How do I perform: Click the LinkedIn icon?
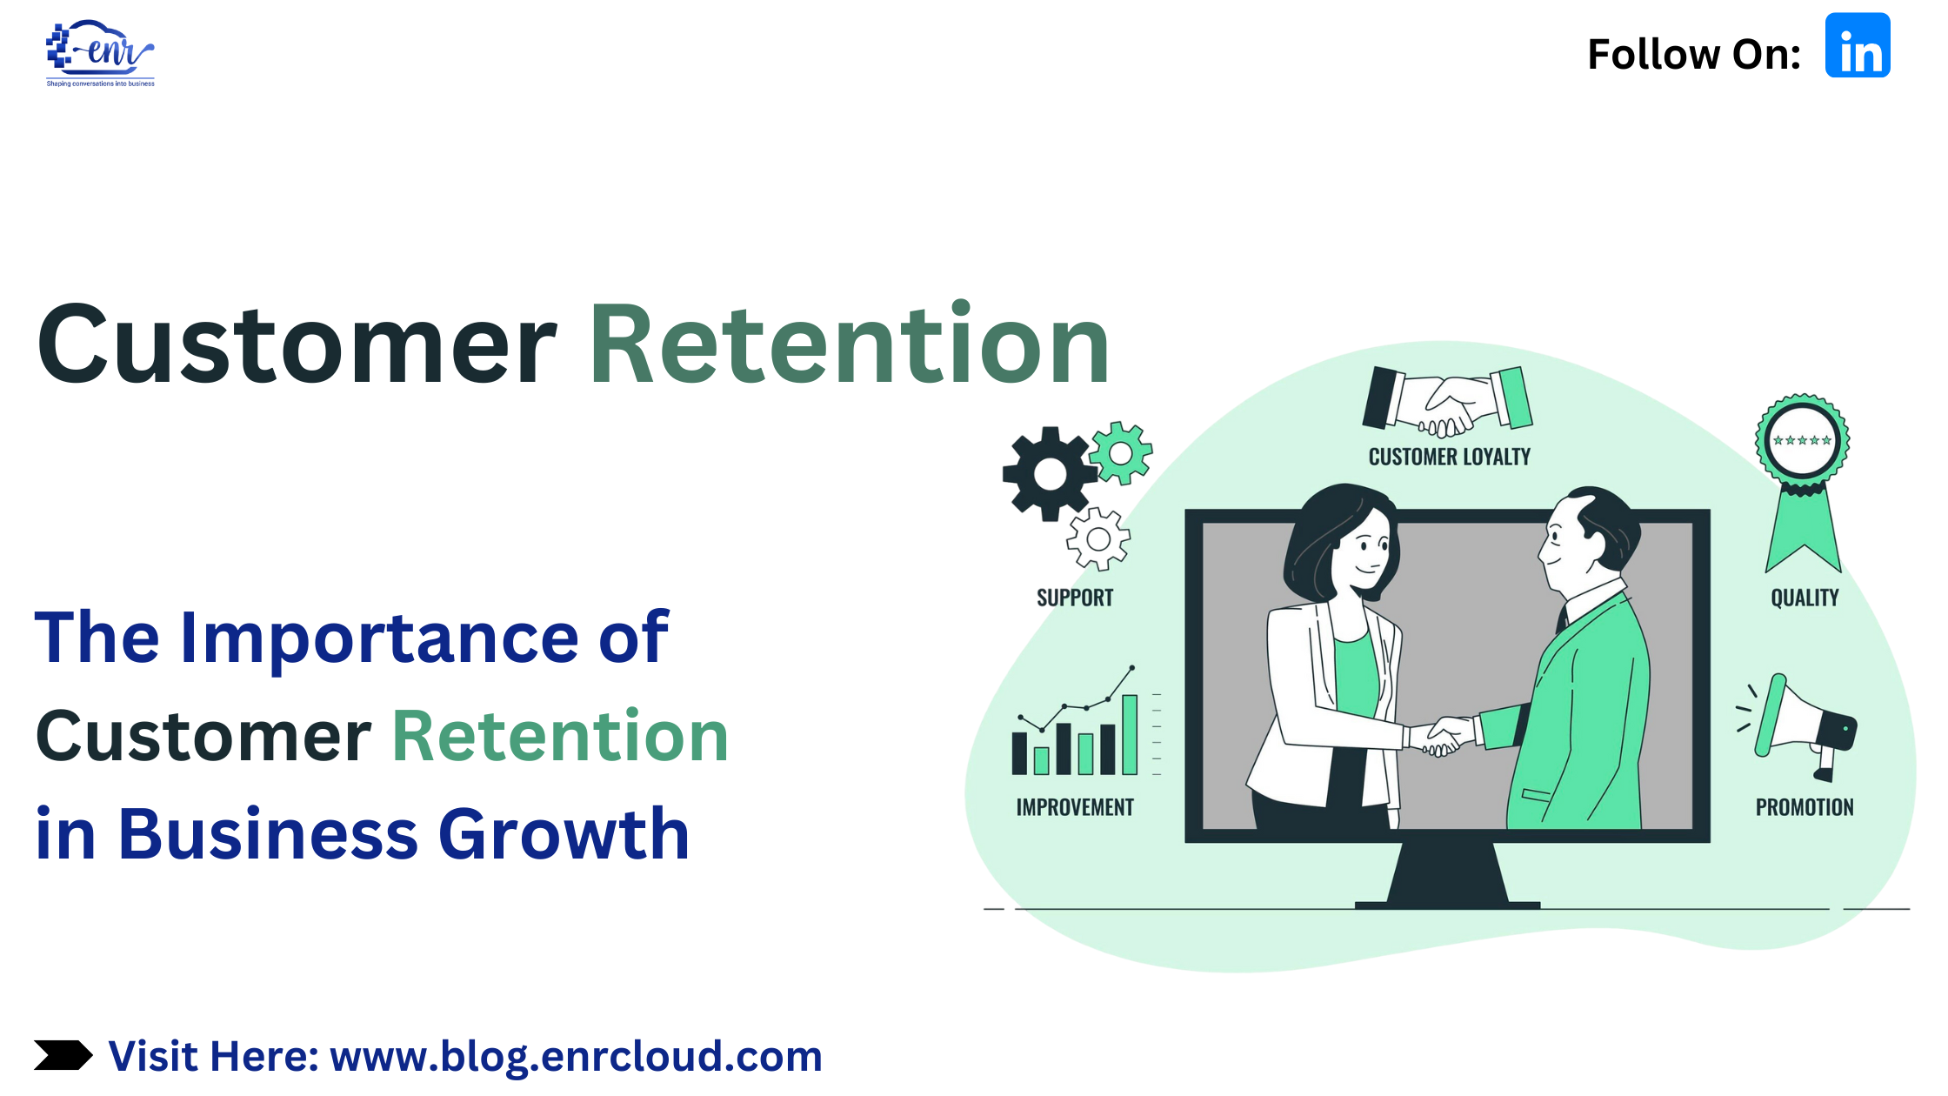click(1858, 45)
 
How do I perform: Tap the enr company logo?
click(100, 53)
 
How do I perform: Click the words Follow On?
click(1694, 55)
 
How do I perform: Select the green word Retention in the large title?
click(850, 344)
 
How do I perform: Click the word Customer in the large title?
click(297, 344)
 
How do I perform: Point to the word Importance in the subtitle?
click(379, 638)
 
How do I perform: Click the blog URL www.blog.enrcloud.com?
click(576, 1057)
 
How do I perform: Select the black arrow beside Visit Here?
click(63, 1055)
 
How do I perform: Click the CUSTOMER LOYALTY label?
click(1450, 457)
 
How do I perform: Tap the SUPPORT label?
click(1075, 598)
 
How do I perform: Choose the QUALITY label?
click(1805, 598)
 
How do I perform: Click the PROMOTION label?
click(1805, 807)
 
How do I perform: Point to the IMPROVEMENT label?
click(1075, 807)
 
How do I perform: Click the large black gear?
click(1050, 474)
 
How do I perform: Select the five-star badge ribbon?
click(1803, 483)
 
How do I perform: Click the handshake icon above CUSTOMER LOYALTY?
click(1447, 400)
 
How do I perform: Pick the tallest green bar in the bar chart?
click(1130, 734)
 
